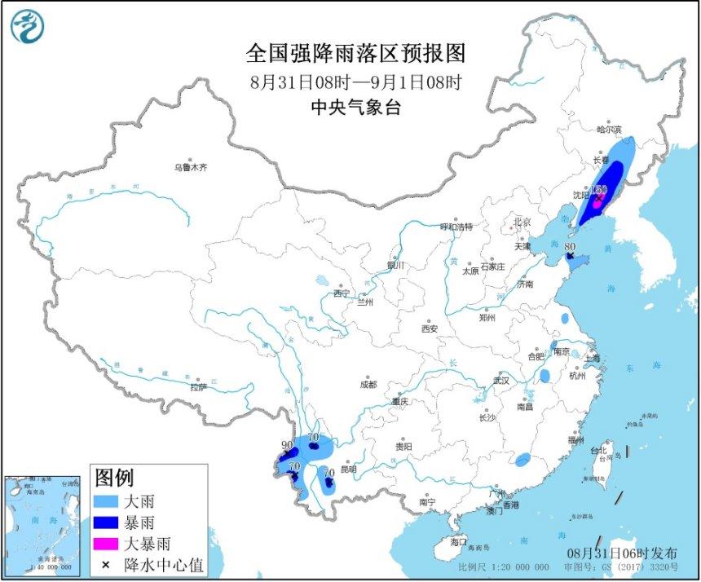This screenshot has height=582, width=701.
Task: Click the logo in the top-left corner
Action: point(27,27)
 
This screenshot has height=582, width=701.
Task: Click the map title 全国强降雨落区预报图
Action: point(355,54)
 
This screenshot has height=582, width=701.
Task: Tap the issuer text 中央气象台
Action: point(356,108)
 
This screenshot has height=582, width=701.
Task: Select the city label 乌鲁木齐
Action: point(190,167)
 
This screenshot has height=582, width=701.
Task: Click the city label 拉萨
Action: point(200,387)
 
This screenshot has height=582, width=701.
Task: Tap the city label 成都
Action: point(368,384)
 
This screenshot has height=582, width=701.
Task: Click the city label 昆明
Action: point(348,470)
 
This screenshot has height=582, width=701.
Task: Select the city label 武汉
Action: point(500,381)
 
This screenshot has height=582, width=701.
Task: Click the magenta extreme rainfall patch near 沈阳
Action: point(597,202)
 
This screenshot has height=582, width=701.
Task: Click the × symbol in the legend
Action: point(106,563)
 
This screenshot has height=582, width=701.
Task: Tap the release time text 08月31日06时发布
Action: point(627,552)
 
